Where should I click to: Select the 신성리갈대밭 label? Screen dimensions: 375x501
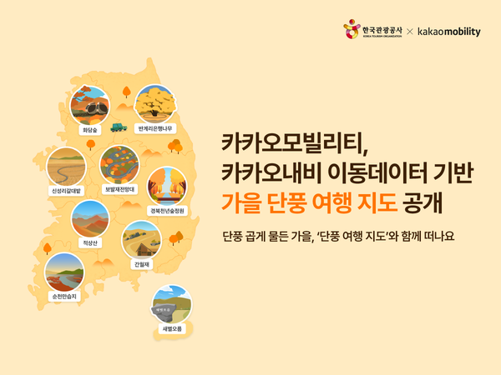pyautogui.click(x=66, y=189)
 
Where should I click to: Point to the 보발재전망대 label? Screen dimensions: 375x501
pyautogui.click(x=119, y=189)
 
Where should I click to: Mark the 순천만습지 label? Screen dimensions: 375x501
pyautogui.click(x=63, y=295)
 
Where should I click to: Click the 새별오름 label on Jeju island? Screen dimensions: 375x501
pyautogui.click(x=171, y=328)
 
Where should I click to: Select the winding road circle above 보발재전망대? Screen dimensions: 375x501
pyautogui.click(x=119, y=163)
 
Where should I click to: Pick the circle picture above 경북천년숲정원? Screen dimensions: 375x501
pyautogui.click(x=166, y=185)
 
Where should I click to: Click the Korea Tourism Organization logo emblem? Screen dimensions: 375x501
pyautogui.click(x=352, y=31)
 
